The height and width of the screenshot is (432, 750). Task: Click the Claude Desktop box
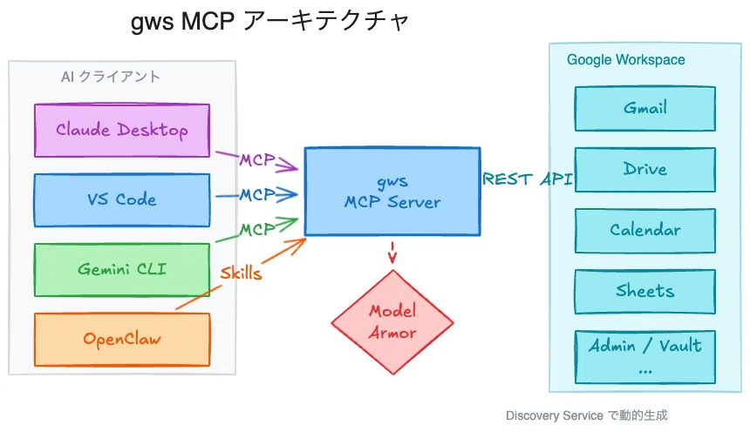[x=122, y=130]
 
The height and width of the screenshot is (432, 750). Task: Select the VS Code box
[x=122, y=199]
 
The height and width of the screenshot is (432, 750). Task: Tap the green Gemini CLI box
[x=122, y=269]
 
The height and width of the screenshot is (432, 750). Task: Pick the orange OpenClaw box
[x=122, y=340]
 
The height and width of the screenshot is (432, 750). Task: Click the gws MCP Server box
[x=392, y=191]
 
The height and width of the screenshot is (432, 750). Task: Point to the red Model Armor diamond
[x=392, y=322]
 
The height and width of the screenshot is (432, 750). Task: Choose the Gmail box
[x=644, y=109]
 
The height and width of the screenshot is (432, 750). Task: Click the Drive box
[x=644, y=169]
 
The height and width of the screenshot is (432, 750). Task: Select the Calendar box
[x=644, y=230]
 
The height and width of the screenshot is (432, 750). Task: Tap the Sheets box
[x=644, y=291]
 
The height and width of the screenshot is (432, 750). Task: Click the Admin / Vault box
[x=644, y=356]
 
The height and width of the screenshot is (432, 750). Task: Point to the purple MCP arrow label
[x=257, y=159]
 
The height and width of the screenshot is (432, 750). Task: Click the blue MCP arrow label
[x=257, y=194]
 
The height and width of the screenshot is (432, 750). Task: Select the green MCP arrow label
[x=257, y=229]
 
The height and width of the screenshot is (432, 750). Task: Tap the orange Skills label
[x=241, y=273]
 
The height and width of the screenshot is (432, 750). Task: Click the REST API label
[x=528, y=179]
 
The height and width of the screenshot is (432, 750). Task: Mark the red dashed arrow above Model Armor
[x=392, y=253]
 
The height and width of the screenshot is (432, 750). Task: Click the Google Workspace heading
[x=625, y=60]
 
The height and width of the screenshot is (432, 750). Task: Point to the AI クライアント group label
[x=111, y=77]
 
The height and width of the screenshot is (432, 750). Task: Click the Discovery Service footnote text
[x=586, y=415]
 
